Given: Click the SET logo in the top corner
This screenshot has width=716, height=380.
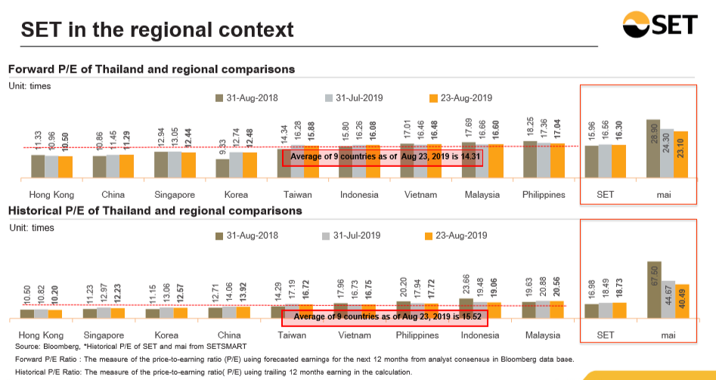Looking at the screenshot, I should pyautogui.click(x=665, y=25).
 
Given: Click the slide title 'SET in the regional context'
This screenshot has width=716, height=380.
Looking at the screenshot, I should pyautogui.click(x=157, y=30).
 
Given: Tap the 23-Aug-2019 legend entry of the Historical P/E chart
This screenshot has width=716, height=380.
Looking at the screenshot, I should pyautogui.click(x=460, y=236).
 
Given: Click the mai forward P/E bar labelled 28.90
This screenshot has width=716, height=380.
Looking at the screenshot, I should pyautogui.click(x=654, y=148).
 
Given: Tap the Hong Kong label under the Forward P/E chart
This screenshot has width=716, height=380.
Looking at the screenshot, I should pyautogui.click(x=45, y=195).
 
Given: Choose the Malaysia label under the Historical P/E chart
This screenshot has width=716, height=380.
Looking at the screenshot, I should pyautogui.click(x=543, y=334).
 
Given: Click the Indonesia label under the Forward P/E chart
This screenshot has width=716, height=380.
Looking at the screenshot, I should pyautogui.click(x=358, y=195).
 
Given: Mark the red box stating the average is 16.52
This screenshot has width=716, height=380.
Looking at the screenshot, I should pyautogui.click(x=383, y=317).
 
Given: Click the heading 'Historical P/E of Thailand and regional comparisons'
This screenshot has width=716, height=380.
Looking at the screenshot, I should pyautogui.click(x=155, y=210).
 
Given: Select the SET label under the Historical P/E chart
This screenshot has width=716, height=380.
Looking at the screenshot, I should pyautogui.click(x=605, y=334).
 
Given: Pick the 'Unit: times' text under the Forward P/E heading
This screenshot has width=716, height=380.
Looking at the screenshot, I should pyautogui.click(x=29, y=85).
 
